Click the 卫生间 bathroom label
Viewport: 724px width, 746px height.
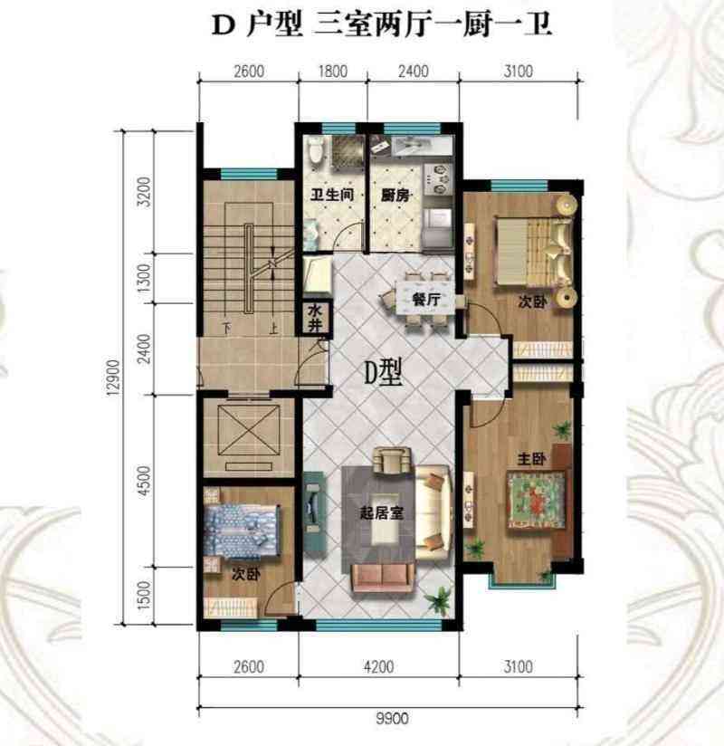click(332, 195)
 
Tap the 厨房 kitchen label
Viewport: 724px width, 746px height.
click(395, 195)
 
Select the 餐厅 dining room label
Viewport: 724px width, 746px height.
click(426, 300)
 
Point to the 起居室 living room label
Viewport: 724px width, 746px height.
click(382, 512)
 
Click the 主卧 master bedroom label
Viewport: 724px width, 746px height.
click(531, 459)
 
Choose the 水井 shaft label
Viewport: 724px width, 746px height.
click(315, 319)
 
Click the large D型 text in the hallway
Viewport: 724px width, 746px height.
click(384, 372)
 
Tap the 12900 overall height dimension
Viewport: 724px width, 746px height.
click(113, 378)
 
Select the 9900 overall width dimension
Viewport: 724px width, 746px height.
click(393, 718)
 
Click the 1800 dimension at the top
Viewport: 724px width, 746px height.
click(332, 72)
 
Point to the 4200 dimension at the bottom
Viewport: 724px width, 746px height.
click(378, 667)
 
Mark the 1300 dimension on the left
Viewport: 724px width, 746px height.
click(143, 278)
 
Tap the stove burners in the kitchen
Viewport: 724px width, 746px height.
click(437, 179)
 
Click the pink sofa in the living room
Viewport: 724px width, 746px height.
click(382, 578)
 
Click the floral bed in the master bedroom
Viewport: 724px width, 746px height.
click(538, 500)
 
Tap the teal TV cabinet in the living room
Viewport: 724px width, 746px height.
click(314, 514)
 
